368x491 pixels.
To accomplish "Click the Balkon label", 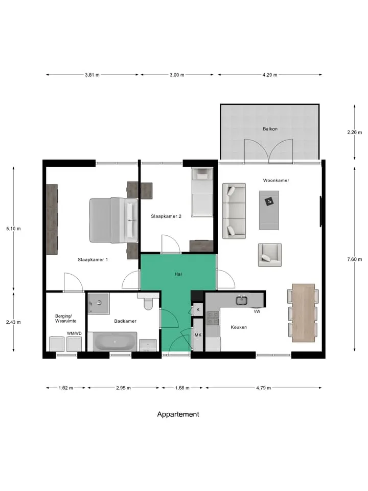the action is tap(270, 129).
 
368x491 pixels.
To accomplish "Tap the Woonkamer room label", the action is tap(276, 181).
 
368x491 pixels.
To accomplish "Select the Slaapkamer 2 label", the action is tap(166, 216).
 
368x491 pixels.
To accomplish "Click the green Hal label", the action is tap(178, 274).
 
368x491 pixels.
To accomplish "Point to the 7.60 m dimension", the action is tap(355, 259).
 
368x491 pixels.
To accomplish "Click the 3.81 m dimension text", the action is tap(92, 75).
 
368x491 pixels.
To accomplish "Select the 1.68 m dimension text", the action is tap(182, 388).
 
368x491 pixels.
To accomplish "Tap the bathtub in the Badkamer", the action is tap(115, 342).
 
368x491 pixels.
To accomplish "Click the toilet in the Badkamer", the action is tap(148, 302).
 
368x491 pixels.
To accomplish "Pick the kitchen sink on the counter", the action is tap(242, 300).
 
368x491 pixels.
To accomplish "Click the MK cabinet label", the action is tap(198, 335).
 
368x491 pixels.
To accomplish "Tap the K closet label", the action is tap(198, 310).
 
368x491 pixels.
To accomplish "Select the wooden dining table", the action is tap(303, 313).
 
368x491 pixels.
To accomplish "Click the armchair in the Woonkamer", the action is tap(270, 255).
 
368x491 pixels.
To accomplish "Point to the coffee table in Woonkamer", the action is tap(269, 210).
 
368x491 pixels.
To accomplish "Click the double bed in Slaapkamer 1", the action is tap(113, 220).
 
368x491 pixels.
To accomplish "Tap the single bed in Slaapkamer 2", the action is tap(202, 192).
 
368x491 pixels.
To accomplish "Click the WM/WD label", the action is tap(74, 333).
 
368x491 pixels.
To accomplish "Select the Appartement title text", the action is tap(178, 414).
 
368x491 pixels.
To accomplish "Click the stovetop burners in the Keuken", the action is tap(213, 318).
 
